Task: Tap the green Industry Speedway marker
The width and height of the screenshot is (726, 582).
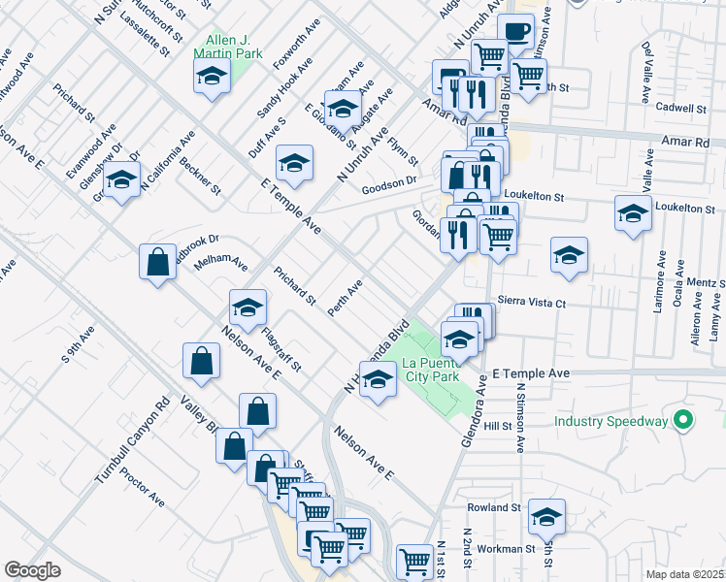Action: [682, 421]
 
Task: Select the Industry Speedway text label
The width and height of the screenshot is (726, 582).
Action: [610, 421]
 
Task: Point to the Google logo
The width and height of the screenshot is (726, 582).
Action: [32, 570]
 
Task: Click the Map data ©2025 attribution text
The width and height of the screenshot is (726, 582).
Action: [685, 574]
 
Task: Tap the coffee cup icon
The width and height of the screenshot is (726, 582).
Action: [515, 32]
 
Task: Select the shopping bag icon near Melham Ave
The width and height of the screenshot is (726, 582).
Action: [158, 262]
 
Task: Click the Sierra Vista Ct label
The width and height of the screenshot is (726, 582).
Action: [531, 303]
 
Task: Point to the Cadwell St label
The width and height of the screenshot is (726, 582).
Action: [682, 108]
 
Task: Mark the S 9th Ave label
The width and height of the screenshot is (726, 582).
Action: [78, 345]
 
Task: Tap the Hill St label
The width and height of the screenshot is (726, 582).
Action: [498, 425]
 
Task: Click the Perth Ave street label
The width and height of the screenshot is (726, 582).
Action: [345, 298]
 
